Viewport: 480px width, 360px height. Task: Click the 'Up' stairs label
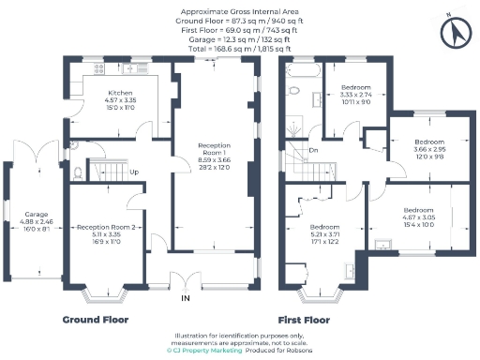[x=135, y=172]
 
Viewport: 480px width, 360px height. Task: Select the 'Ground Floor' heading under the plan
[x=96, y=320]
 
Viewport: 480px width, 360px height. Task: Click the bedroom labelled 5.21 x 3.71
[x=324, y=233]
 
